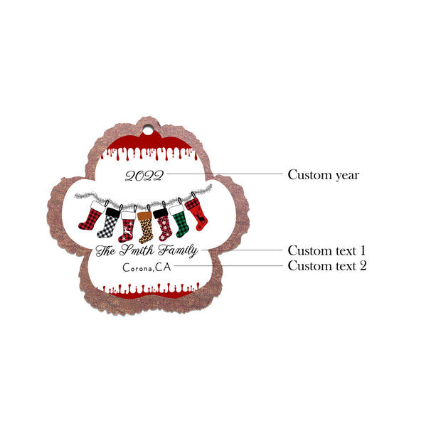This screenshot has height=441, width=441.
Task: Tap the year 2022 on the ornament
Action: [x=144, y=176]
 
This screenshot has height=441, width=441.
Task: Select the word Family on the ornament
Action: [x=178, y=251]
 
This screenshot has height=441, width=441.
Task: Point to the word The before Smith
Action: [x=105, y=250]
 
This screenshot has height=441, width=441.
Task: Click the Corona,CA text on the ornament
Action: [x=147, y=267]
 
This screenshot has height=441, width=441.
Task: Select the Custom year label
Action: [x=324, y=175]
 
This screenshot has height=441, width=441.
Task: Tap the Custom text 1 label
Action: [x=326, y=250]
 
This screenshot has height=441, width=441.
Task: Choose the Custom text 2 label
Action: [x=327, y=266]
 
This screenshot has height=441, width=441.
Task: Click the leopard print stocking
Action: [x=145, y=227]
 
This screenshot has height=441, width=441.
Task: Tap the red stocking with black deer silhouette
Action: [x=197, y=214]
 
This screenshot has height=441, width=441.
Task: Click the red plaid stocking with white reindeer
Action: [x=127, y=227]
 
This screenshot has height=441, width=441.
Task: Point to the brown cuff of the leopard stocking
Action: [x=145, y=216]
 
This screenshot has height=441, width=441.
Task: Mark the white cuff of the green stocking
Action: [x=176, y=210]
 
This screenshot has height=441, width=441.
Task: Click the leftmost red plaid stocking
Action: [x=92, y=216]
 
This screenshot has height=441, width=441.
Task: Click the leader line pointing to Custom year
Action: [x=225, y=174]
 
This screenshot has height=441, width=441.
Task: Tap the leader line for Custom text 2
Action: [x=228, y=265]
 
